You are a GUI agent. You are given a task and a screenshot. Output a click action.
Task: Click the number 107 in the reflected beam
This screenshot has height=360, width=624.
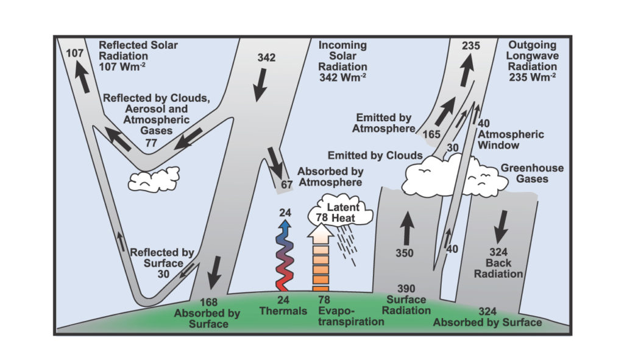(74, 52)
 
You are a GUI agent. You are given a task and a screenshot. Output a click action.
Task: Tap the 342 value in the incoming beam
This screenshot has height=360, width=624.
(266, 58)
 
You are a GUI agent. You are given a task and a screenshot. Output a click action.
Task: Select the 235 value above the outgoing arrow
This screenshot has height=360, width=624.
(471, 46)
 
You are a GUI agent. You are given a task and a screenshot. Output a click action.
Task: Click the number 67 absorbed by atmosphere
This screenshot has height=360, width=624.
(286, 185)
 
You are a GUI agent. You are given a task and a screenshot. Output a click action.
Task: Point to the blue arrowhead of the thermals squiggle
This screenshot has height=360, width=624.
(285, 225)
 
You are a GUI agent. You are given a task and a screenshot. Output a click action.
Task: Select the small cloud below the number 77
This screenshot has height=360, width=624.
(154, 179)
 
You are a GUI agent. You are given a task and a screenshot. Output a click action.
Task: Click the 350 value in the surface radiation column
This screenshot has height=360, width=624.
(405, 253)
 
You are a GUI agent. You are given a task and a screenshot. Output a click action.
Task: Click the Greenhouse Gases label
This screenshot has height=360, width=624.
(532, 174)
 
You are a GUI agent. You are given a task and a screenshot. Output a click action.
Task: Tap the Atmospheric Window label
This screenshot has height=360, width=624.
(511, 139)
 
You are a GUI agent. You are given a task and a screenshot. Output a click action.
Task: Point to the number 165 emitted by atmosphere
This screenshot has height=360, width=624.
(431, 135)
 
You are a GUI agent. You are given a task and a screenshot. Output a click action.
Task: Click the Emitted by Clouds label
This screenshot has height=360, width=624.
(375, 155)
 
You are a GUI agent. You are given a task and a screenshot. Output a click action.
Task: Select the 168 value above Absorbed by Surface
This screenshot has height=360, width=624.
(208, 302)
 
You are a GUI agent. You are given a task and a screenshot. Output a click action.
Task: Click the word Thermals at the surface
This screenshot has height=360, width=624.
(283, 311)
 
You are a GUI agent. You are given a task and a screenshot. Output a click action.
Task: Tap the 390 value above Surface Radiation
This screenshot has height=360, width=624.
(406, 288)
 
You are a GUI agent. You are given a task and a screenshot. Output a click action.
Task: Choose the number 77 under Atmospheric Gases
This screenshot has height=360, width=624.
(151, 143)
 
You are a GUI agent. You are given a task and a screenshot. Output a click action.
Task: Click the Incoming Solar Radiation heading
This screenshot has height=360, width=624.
(342, 62)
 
